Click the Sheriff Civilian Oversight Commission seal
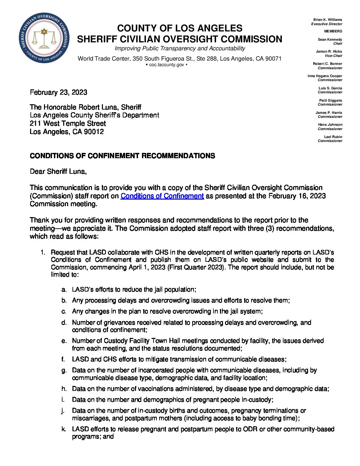pyautogui.click(x=44, y=38)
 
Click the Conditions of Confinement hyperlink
pyautogui.click(x=162, y=196)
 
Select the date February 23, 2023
pyautogui.click(x=59, y=92)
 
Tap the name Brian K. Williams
pyautogui.click(x=328, y=20)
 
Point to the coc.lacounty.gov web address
pyautogui.click(x=166, y=65)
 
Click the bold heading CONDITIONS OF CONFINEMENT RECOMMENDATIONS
pyautogui.click(x=122, y=156)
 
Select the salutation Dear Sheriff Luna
pyautogui.click(x=58, y=171)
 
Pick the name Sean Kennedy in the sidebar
pyautogui.click(x=330, y=39)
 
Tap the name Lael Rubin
pyautogui.click(x=333, y=137)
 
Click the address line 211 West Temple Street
pyautogui.click(x=68, y=123)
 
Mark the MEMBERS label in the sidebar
pyautogui.click(x=333, y=31)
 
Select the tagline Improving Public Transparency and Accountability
pyautogui.click(x=180, y=49)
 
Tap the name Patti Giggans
pyautogui.click(x=331, y=100)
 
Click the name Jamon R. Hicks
pyautogui.click(x=329, y=52)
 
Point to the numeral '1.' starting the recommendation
pyautogui.click(x=43, y=253)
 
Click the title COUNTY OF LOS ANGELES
pyautogui.click(x=180, y=28)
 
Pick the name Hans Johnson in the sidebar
pyautogui.click(x=330, y=125)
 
